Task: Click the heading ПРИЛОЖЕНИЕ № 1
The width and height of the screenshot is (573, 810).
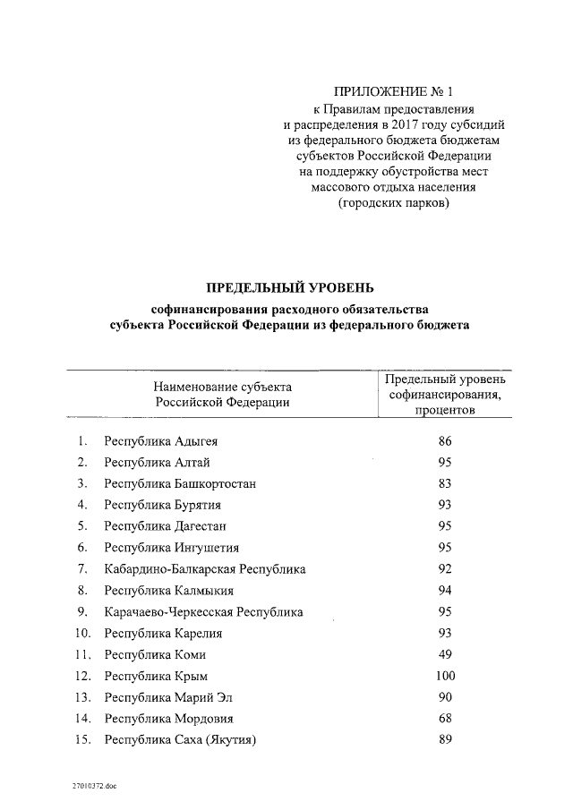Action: point(394,91)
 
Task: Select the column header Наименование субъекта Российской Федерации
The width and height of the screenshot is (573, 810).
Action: point(222,395)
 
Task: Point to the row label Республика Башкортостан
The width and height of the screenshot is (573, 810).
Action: point(180,484)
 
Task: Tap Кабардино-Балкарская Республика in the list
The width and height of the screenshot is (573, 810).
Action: point(204,569)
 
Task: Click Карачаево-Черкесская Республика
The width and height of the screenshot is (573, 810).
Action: point(203,612)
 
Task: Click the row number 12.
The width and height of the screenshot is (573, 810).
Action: point(82,676)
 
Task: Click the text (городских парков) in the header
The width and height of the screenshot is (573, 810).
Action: point(394,204)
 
